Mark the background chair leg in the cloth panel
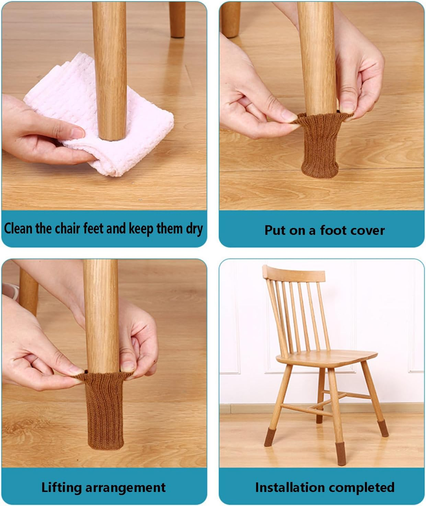[177, 19]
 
